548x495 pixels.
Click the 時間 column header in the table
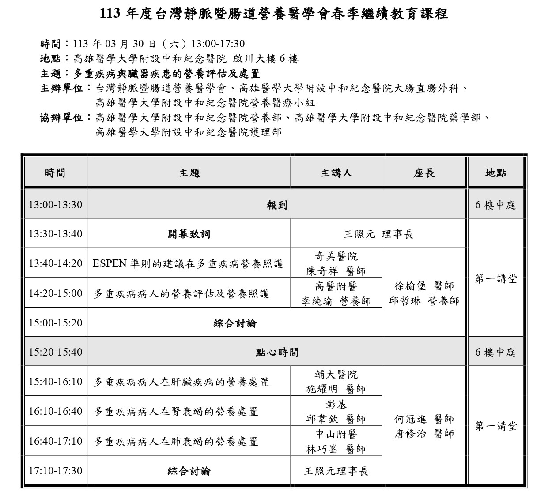click(55, 173)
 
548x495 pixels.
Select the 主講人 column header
click(336, 173)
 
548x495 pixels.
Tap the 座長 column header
click(424, 173)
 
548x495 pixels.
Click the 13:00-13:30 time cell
click(56, 205)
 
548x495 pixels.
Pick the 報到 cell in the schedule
click(277, 205)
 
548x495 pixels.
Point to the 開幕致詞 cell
click(189, 234)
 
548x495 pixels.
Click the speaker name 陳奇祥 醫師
click(336, 271)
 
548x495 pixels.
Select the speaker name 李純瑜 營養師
click(336, 301)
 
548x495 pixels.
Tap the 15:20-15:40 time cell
click(56, 352)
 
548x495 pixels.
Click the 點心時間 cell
click(277, 352)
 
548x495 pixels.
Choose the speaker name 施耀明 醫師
click(336, 389)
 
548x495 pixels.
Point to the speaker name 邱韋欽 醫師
click(336, 419)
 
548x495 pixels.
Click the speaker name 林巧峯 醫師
click(336, 449)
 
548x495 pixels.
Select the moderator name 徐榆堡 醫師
click(424, 286)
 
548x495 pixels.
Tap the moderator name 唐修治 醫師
click(424, 434)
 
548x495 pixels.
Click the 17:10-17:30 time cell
click(56, 470)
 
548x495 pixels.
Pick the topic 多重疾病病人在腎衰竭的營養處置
click(176, 412)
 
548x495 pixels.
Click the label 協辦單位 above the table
click(62, 117)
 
